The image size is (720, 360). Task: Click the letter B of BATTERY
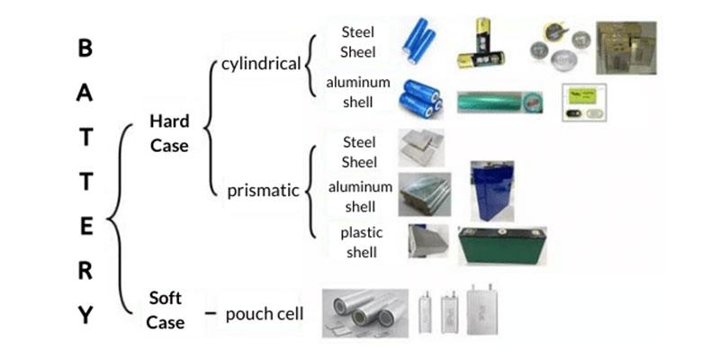click(x=85, y=49)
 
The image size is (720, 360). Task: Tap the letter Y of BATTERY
click(x=85, y=316)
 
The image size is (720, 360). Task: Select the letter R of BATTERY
click(x=85, y=272)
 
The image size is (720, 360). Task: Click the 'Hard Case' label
click(x=169, y=132)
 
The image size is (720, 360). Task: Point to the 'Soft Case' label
click(x=166, y=309)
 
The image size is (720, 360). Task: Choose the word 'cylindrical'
click(x=262, y=65)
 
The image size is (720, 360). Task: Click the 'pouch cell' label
click(x=265, y=314)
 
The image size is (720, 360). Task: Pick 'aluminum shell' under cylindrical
click(x=358, y=90)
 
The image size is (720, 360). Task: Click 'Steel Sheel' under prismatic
click(x=359, y=150)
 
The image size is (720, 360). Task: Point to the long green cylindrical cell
click(x=497, y=102)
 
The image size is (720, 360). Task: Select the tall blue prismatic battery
click(x=492, y=191)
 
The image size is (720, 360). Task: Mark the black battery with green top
click(x=502, y=245)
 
